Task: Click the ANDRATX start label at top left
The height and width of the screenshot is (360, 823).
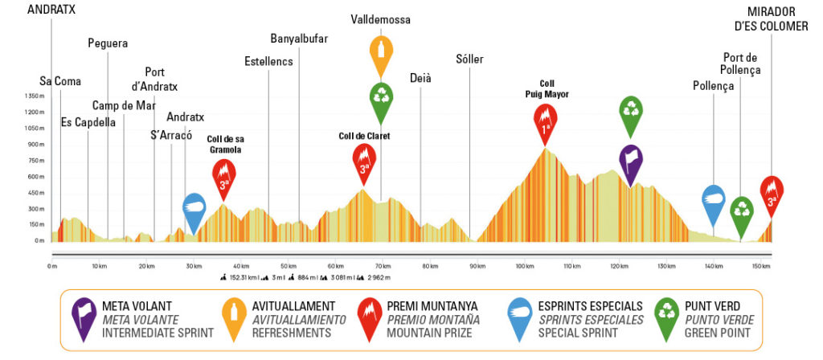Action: click(52, 10)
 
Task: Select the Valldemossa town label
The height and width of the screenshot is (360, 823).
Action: click(380, 18)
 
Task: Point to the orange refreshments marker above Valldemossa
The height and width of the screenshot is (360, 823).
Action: click(381, 54)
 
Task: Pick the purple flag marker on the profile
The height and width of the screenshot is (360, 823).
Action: click(630, 162)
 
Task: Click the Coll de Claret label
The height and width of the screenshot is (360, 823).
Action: click(364, 136)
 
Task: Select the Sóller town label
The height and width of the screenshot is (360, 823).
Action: click(470, 59)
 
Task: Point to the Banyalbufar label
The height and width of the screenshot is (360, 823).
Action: click(299, 39)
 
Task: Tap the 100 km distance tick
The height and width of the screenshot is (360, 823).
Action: click(526, 266)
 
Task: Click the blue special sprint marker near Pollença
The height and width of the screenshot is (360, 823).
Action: click(714, 202)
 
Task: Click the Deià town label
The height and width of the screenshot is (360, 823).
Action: click(420, 78)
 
